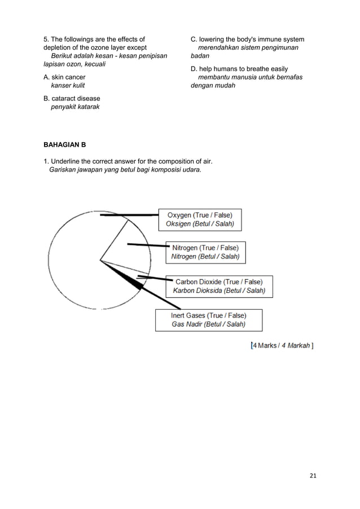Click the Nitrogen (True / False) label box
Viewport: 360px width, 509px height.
tap(205, 252)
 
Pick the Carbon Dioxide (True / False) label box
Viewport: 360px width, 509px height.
tap(219, 286)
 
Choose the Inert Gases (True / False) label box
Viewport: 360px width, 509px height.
tap(209, 319)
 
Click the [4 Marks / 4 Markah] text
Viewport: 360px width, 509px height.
tap(282, 345)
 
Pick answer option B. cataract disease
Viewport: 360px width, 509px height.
tap(72, 99)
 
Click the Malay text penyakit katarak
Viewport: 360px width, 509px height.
tap(75, 107)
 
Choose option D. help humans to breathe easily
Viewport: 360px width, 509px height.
tap(239, 69)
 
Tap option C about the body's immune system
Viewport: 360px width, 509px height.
tap(247, 40)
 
